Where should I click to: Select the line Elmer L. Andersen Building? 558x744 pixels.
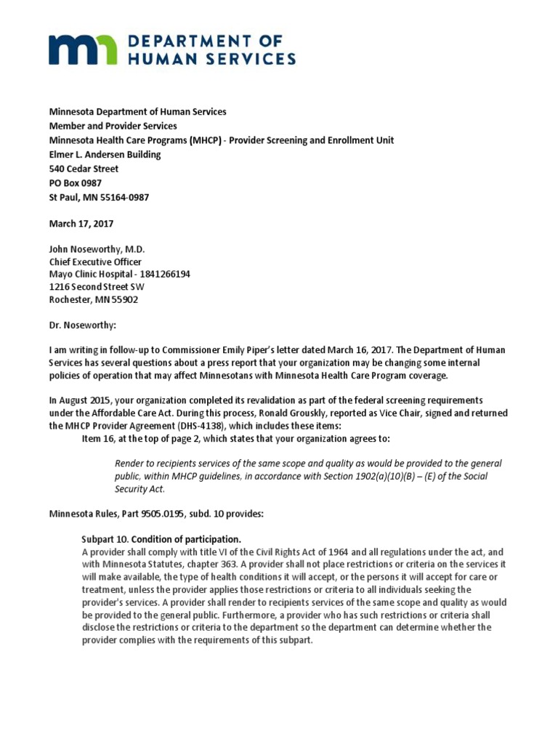coord(105,155)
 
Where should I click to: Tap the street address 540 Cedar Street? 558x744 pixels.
coord(85,169)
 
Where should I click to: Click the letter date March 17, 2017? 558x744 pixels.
coord(81,225)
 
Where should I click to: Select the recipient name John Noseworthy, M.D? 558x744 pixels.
coord(97,248)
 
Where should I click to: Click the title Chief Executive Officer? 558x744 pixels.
coord(95,262)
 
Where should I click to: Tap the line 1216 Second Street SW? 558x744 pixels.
coord(97,287)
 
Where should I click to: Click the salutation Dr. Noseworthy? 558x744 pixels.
coord(83,326)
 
